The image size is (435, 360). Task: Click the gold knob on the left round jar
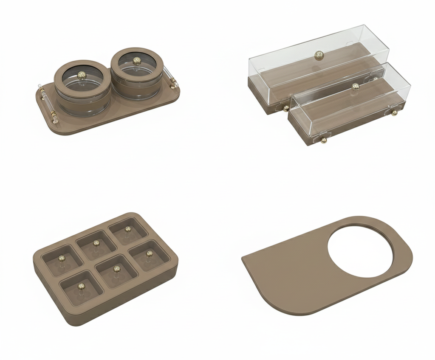click(82, 75)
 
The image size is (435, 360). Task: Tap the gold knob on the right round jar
click(137, 61)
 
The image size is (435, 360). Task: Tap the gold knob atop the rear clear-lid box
click(319, 54)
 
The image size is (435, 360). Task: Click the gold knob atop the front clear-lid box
click(356, 87)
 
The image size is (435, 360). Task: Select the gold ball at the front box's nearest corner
click(324, 140)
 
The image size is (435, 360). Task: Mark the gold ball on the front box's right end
click(394, 112)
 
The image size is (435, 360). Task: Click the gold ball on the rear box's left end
click(286, 108)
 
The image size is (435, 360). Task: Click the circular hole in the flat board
click(360, 251)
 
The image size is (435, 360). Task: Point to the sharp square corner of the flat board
click(243, 259)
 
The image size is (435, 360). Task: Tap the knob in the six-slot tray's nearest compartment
click(81, 287)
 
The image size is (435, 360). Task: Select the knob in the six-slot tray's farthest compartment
click(128, 229)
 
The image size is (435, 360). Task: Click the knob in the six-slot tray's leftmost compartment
click(62, 259)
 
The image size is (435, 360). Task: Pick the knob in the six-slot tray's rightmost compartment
click(149, 253)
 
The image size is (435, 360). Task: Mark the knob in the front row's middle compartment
click(117, 269)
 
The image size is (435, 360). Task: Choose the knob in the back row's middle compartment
click(96, 243)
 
